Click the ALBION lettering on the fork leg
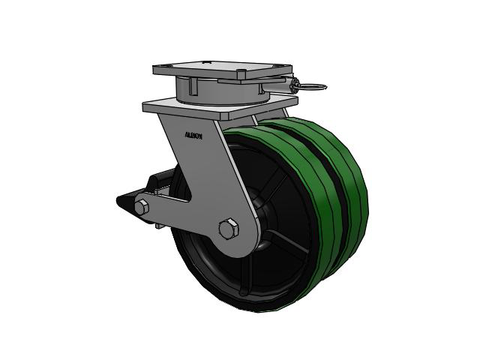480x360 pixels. [193, 136]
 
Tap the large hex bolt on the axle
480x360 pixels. [229, 229]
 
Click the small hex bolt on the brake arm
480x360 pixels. [142, 208]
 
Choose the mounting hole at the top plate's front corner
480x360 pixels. [241, 75]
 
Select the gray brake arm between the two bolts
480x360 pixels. [184, 217]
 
